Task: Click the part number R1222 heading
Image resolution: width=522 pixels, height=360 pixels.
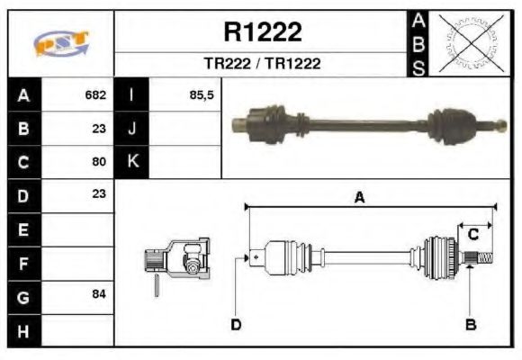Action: point(262,32)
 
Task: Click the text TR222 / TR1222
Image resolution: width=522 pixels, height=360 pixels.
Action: point(262,64)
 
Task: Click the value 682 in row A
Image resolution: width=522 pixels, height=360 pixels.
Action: point(95,94)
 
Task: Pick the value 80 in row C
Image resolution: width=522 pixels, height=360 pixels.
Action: point(99,162)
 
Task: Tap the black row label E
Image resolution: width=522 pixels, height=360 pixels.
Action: point(22,229)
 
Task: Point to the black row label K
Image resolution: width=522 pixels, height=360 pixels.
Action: point(132,162)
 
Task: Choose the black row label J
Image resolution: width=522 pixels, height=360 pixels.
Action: point(132,128)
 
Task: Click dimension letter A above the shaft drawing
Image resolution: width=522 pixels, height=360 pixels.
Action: point(359,198)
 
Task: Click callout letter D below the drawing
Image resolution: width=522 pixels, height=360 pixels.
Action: point(236,324)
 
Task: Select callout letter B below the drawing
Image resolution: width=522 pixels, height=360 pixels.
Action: point(470,324)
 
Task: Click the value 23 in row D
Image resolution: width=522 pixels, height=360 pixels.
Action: point(99,193)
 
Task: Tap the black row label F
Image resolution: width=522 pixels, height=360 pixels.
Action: point(22,263)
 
